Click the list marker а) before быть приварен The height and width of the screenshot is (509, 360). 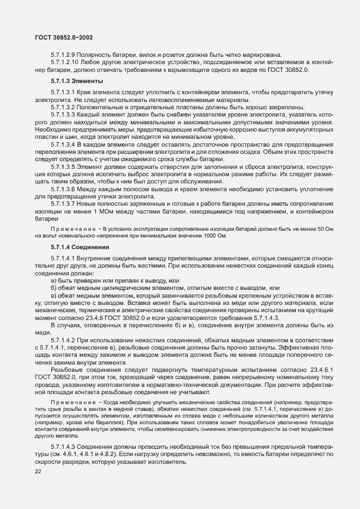click(54, 279)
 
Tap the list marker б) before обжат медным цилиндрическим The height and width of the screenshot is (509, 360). click(54, 287)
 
